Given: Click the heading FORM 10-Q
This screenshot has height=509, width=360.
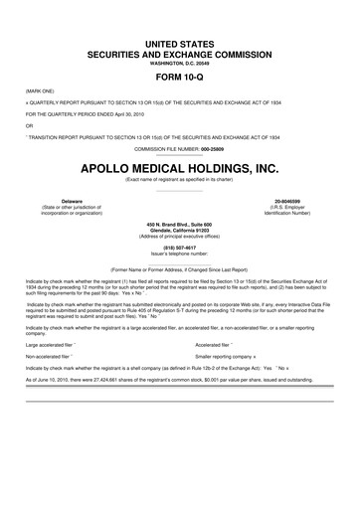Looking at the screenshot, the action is tap(179, 76).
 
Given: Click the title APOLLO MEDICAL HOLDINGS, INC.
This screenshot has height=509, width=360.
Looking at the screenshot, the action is tap(179, 167).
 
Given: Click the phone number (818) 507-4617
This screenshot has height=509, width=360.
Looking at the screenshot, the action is tap(179, 250).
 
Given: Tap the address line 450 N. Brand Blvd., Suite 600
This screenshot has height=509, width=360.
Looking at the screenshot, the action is tap(179, 223).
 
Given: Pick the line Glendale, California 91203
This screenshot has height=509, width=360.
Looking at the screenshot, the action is tap(179, 230).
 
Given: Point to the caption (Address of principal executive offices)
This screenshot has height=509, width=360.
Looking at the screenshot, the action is tap(179, 237).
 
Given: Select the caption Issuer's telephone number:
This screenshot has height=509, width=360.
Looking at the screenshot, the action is tap(179, 255).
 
